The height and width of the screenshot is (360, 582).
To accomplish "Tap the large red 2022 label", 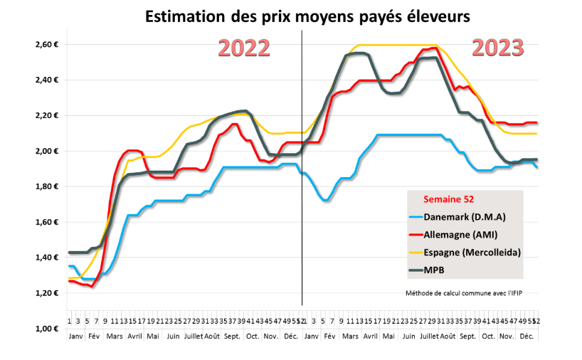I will [244, 48].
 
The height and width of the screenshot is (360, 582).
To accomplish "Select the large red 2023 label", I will [498, 48].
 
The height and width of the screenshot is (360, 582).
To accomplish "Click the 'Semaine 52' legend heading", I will [450, 200].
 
